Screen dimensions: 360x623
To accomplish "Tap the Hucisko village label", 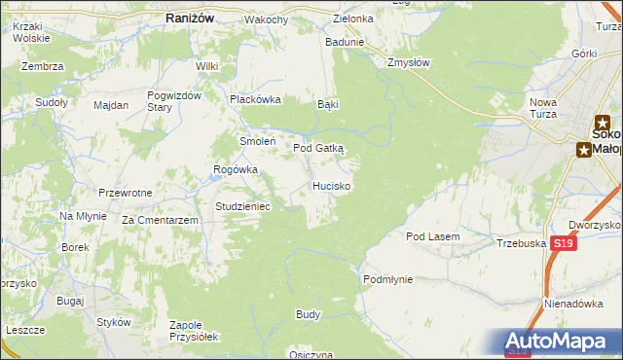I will (x=332, y=185).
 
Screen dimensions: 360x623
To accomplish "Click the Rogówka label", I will (x=236, y=168).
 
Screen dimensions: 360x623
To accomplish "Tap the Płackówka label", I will (x=254, y=99).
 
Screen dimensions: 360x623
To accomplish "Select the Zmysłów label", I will (x=408, y=61).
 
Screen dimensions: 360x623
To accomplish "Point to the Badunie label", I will (x=345, y=42).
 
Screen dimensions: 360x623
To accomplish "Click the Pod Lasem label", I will (x=432, y=236).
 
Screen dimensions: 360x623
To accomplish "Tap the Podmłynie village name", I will (x=387, y=279).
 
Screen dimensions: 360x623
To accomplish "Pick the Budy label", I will (x=308, y=315).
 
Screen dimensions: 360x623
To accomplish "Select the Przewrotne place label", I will (x=125, y=193).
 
